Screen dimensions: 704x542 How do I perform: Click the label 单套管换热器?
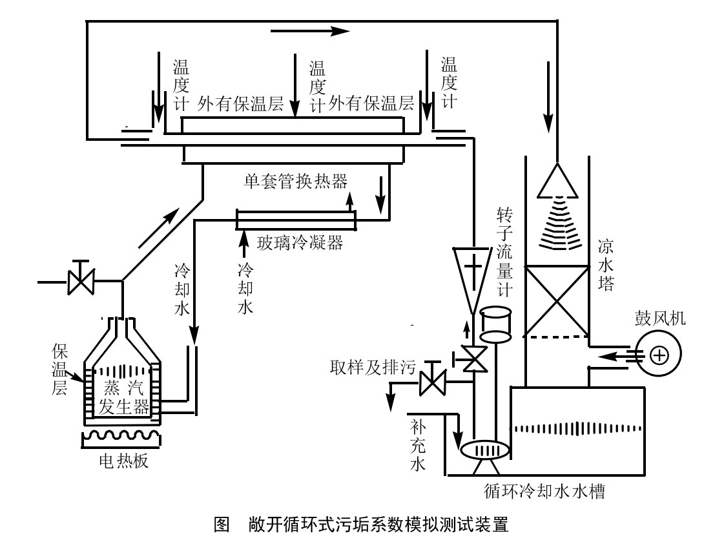click(296, 181)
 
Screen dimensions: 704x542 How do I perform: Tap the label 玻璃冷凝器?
click(300, 243)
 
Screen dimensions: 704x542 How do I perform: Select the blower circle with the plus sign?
click(659, 354)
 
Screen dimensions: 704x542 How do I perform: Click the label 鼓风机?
click(659, 318)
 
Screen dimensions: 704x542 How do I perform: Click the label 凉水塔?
click(606, 265)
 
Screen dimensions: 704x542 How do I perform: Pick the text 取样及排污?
click(373, 368)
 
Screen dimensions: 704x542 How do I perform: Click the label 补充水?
click(417, 445)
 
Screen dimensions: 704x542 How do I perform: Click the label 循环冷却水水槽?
click(544, 491)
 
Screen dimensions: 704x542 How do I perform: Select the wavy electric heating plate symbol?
click(121, 438)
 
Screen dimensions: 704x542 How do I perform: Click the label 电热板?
click(123, 461)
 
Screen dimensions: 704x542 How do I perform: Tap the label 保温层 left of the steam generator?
click(59, 369)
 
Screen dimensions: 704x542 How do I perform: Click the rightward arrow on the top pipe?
click(310, 31)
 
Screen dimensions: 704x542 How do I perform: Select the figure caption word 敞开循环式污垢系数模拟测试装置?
click(378, 524)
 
